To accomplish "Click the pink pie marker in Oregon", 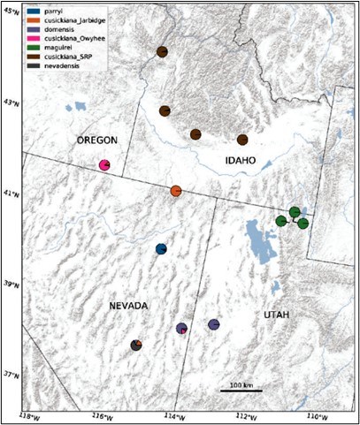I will pos(104,165).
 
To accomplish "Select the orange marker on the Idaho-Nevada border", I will pos(176,191).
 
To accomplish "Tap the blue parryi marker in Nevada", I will pos(161,249).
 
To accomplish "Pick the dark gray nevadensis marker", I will pos(136,345).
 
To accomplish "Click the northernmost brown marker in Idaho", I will pos(162,52).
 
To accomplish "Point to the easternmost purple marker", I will pos(213,325).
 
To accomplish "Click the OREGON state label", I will pos(96,140).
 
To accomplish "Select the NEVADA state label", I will pos(128,305).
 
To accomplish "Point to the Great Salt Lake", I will pos(261,237).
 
